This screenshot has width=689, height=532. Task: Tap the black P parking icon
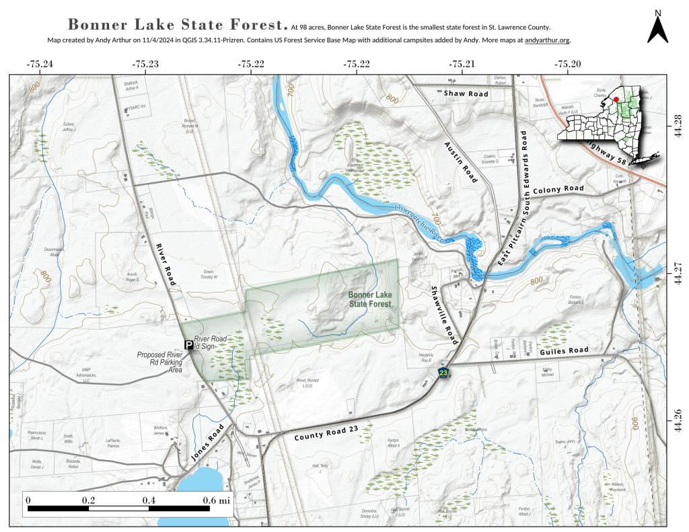[x=189, y=344]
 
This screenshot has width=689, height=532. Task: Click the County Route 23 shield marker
[x=443, y=372]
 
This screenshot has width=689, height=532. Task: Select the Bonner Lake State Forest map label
[x=370, y=299]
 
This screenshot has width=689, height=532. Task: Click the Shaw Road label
[x=466, y=93]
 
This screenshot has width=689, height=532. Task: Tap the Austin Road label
[x=460, y=162]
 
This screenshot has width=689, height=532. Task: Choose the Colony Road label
[x=558, y=190]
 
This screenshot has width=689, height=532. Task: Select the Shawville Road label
[x=444, y=315]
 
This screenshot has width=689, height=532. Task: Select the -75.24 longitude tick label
[x=39, y=64]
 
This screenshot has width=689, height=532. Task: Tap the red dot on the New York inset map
[x=616, y=99]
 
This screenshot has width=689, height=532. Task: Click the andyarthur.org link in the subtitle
[x=547, y=40]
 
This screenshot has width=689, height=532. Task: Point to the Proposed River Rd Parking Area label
[x=160, y=362]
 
